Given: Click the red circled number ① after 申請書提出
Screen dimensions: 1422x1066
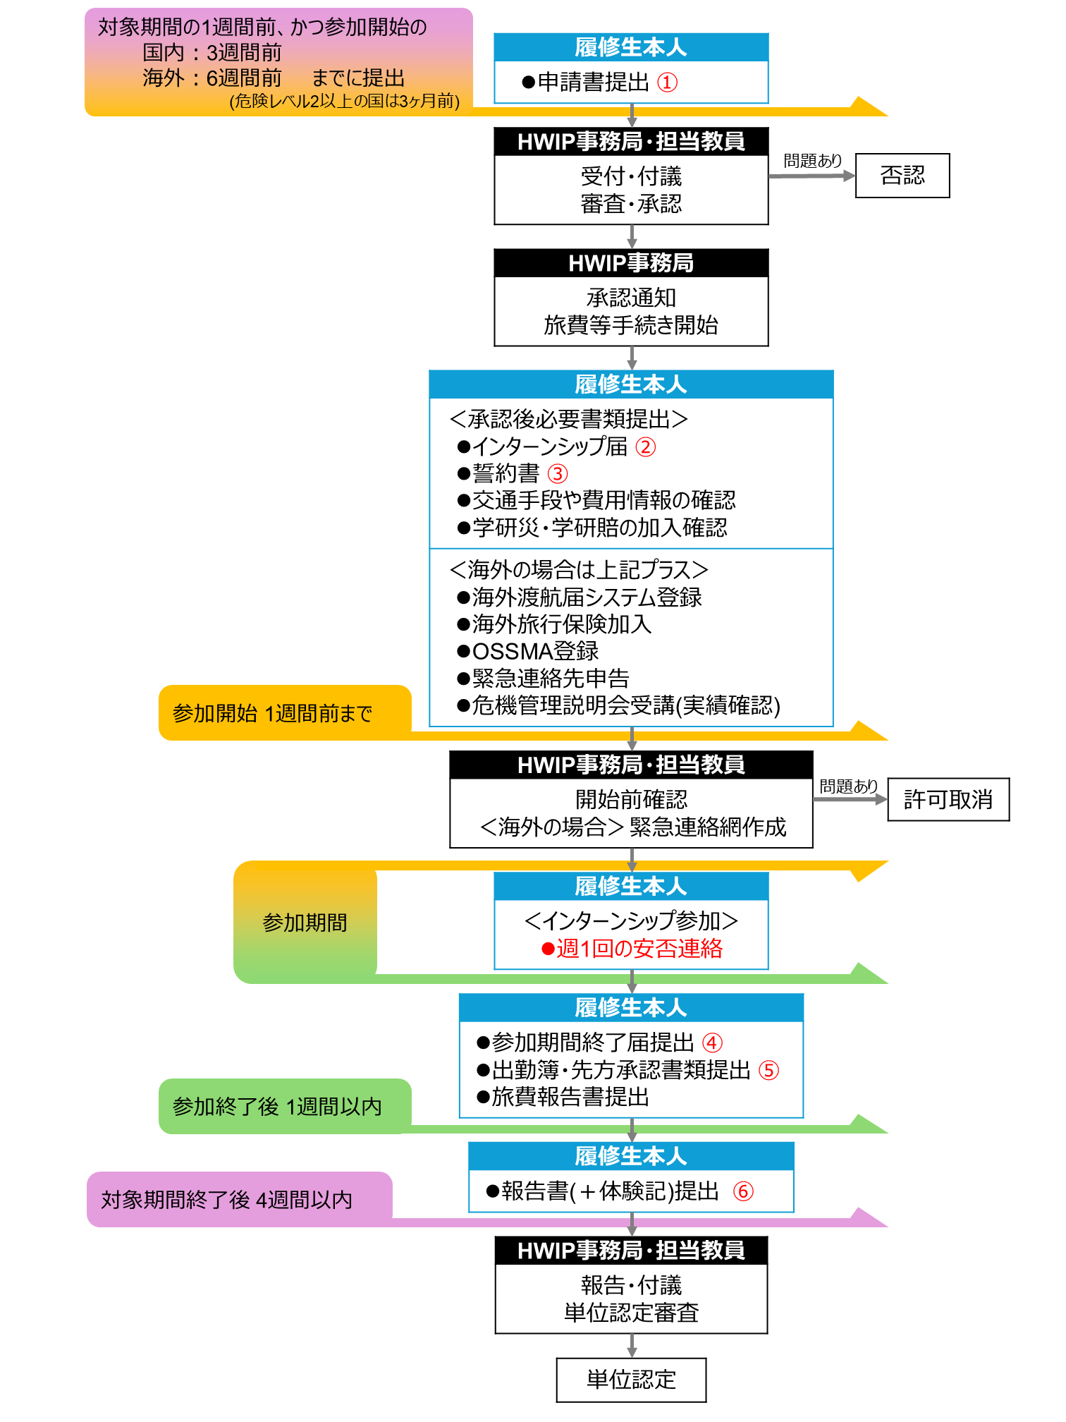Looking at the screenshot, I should click(667, 83).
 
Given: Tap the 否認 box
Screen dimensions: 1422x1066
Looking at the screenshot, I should click(902, 176).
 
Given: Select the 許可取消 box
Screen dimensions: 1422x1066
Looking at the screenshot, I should click(948, 799).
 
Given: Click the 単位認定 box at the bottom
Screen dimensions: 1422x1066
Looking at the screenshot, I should click(631, 1380).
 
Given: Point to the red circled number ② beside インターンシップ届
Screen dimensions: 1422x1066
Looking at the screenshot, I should click(645, 447).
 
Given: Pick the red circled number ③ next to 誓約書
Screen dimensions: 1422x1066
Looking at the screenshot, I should click(558, 474).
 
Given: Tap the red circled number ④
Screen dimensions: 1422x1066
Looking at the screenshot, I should click(712, 1043).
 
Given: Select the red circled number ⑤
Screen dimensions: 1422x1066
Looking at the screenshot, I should click(768, 1070).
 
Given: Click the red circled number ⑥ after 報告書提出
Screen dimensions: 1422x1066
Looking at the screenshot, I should click(743, 1191).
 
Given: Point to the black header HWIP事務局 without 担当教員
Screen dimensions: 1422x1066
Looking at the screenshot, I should click(631, 263).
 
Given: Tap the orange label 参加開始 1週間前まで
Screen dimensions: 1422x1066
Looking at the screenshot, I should click(272, 713).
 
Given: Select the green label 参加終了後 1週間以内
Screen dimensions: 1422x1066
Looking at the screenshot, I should click(277, 1107).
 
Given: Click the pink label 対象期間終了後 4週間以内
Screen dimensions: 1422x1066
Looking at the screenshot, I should click(226, 1199).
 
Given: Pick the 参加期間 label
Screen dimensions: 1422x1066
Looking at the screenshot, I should click(305, 923).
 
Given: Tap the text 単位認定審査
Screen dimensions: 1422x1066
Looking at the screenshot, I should click(631, 1313).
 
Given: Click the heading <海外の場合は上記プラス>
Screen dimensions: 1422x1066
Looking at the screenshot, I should click(579, 569).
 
